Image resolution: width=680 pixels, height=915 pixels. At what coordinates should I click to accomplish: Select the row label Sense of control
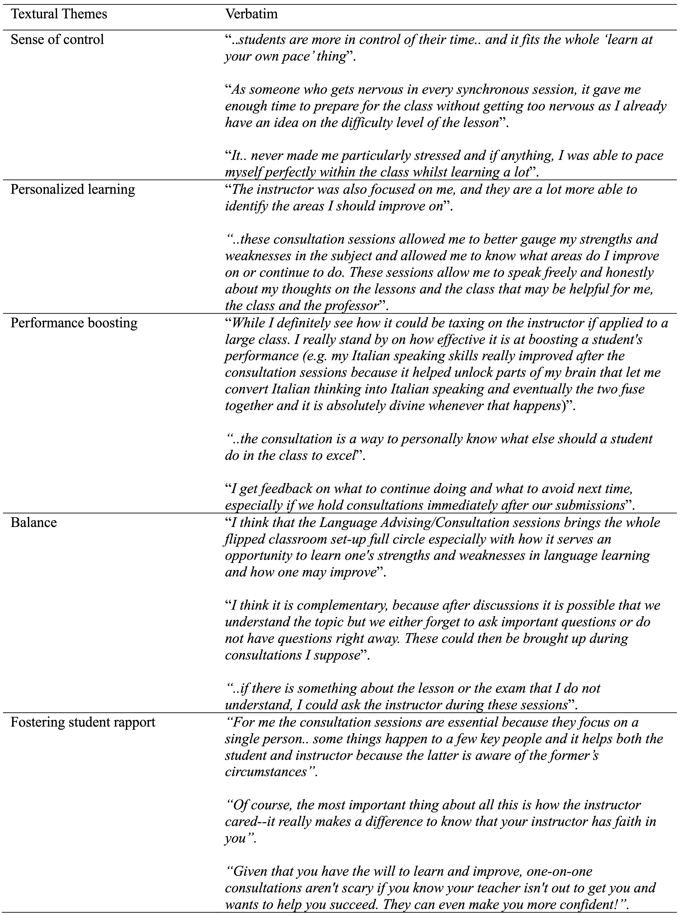[57, 39]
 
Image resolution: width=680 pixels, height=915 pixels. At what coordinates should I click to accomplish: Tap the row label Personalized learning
[72, 189]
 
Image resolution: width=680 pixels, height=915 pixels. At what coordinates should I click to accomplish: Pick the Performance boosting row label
[74, 323]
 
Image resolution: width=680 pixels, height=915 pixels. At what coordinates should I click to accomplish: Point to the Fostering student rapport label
[83, 722]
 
